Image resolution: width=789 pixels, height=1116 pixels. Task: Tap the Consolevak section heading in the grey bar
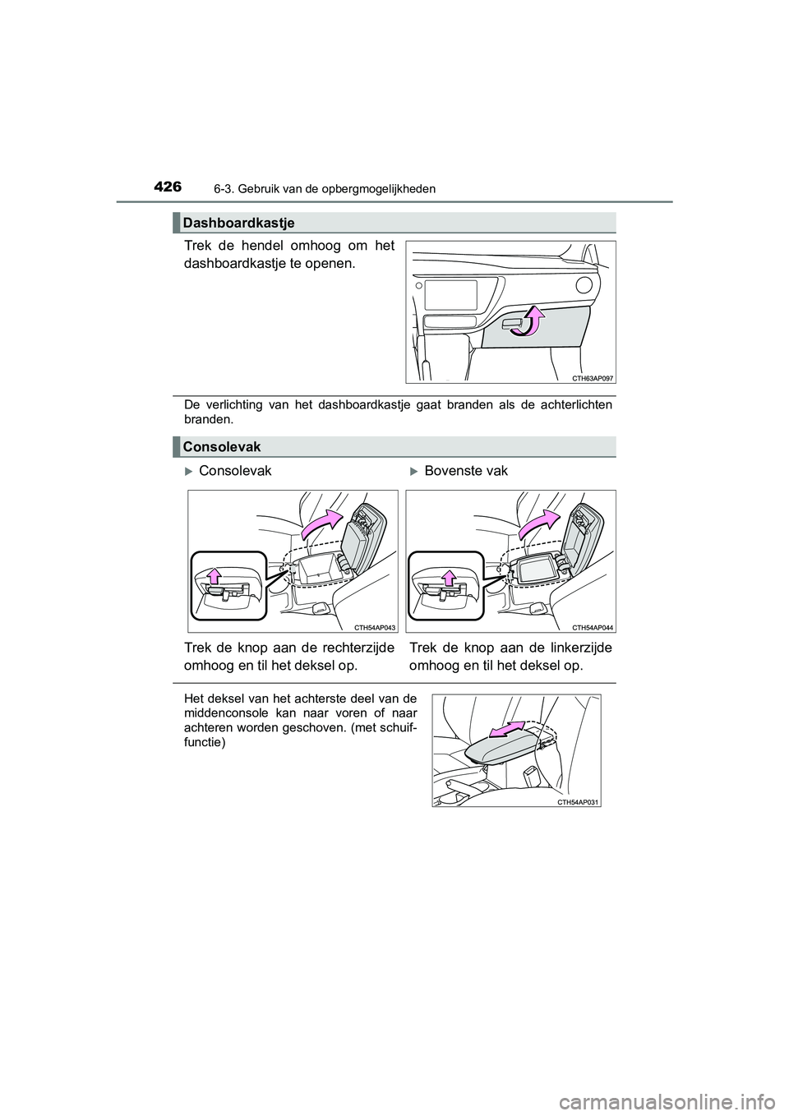pyautogui.click(x=222, y=446)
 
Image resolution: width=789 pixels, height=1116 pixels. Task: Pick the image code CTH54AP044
pyautogui.click(x=593, y=627)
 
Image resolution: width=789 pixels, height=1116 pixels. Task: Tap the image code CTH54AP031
pyautogui.click(x=579, y=801)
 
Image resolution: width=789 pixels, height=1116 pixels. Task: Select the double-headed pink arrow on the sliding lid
pyautogui.click(x=506, y=731)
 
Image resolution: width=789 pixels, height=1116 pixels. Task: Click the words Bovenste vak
pyautogui.click(x=466, y=471)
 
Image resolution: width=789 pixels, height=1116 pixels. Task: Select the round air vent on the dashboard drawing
pyautogui.click(x=584, y=286)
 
